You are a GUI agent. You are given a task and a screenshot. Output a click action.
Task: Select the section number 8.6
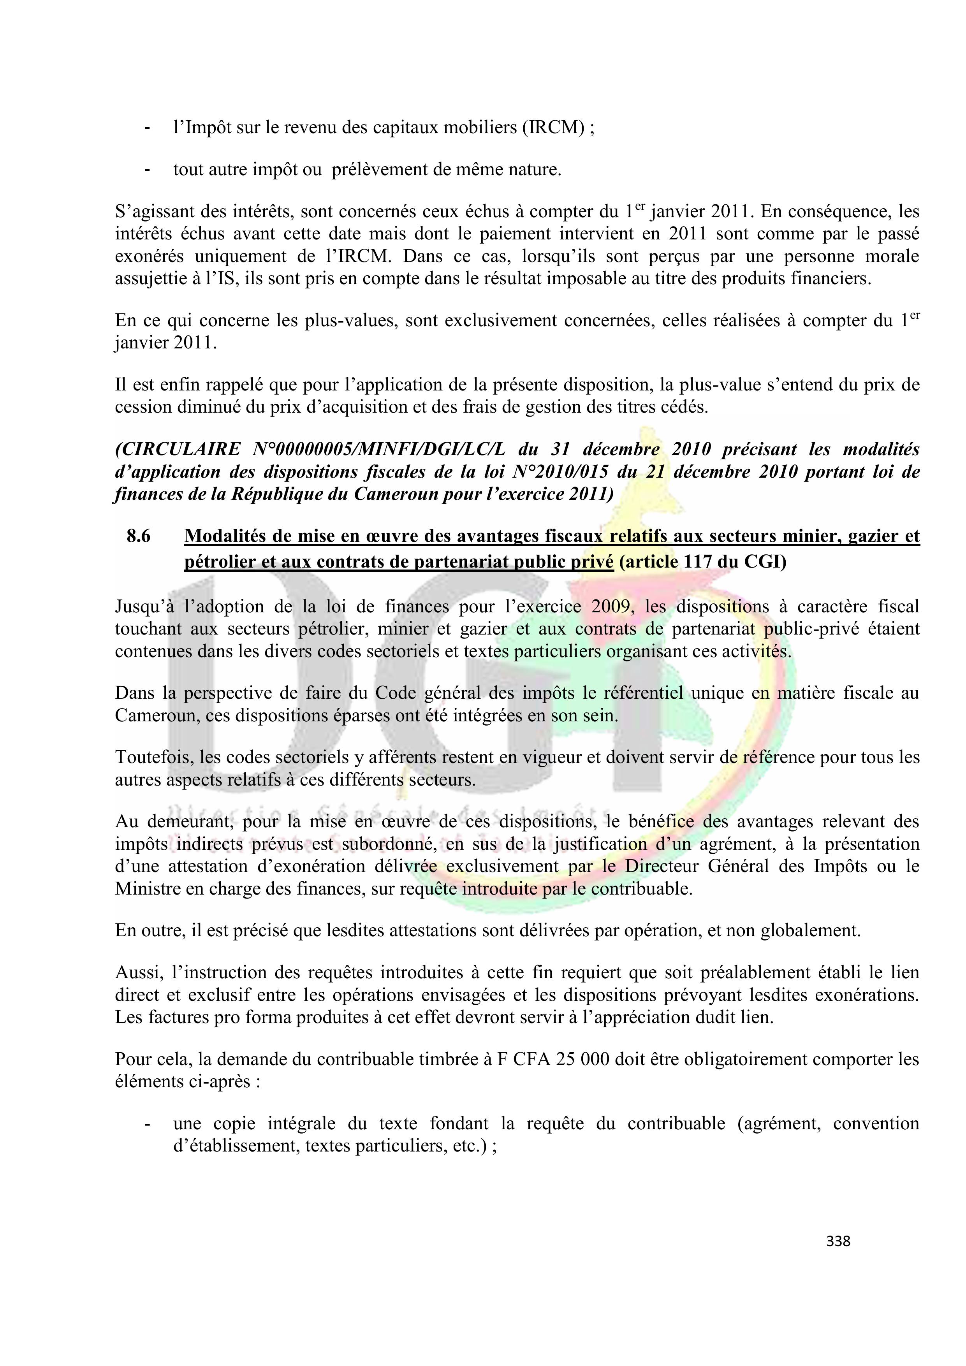tap(139, 537)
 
